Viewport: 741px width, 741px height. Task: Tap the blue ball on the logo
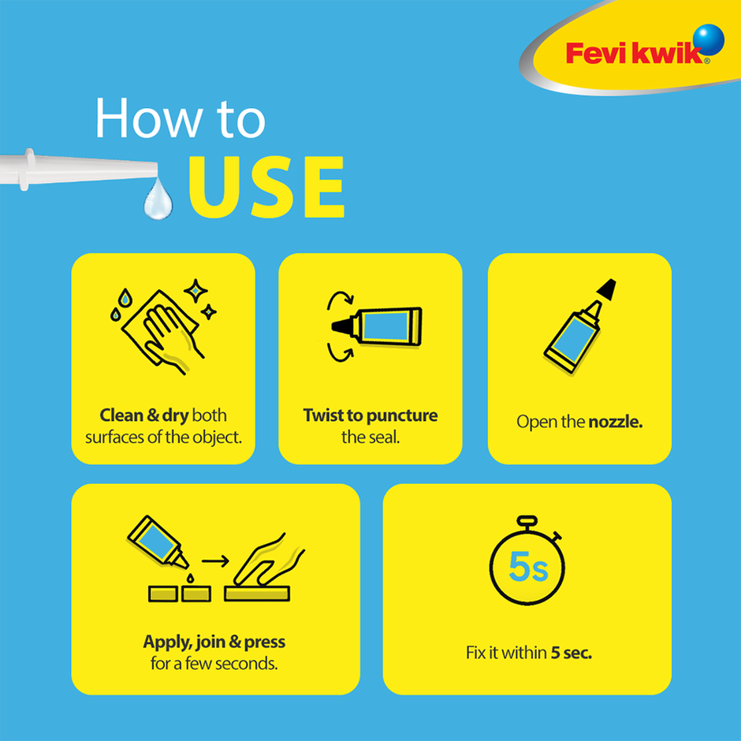(710, 39)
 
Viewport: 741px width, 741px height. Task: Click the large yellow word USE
(266, 187)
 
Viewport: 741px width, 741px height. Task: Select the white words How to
(181, 120)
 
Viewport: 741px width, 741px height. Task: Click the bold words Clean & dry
(144, 415)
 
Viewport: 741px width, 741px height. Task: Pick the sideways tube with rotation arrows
(377, 325)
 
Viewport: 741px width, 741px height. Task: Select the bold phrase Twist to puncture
(370, 415)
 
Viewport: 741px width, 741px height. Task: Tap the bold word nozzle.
(616, 422)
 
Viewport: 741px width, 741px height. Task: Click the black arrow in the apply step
(214, 562)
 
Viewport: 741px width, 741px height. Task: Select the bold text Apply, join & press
(214, 642)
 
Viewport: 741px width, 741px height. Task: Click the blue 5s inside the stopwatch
(527, 567)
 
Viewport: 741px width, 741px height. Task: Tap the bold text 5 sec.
(572, 653)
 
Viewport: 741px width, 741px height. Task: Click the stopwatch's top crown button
(527, 522)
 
